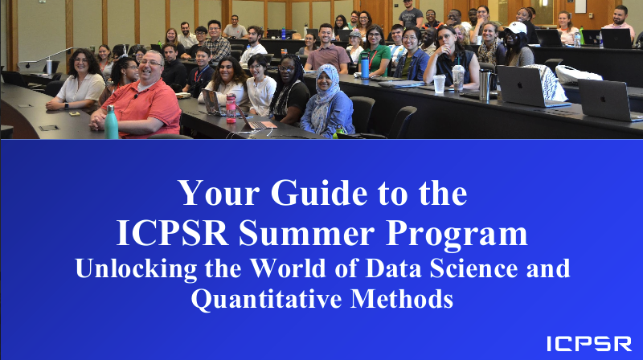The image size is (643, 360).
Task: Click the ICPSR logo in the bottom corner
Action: coord(589,344)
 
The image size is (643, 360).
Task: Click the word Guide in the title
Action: coord(318,193)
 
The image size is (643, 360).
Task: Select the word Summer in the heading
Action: coord(306,233)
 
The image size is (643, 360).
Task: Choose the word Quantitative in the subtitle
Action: coord(266,299)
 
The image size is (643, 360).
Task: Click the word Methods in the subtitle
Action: coord(402,298)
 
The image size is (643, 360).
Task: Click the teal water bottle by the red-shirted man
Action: coord(111,122)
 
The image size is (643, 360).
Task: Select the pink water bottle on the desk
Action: coord(231,108)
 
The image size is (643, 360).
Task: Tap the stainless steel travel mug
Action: coord(485,84)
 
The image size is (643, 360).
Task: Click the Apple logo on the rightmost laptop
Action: coord(603,99)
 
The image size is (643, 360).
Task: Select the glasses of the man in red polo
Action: coord(150,63)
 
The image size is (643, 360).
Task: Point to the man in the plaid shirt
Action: coord(216,42)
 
